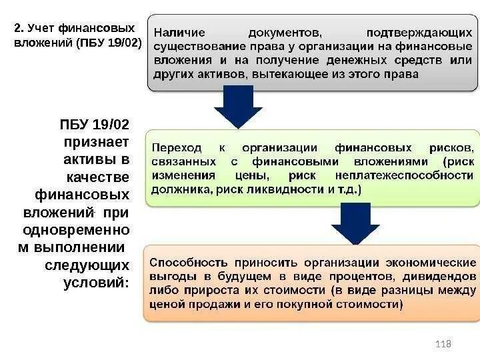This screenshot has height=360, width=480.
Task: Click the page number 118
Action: (443, 343)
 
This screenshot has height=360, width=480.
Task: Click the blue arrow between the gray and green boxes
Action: (238, 107)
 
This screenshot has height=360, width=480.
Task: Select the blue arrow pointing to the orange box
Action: (355, 223)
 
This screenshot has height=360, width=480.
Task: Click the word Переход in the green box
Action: (177, 147)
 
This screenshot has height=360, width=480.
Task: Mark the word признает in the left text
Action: (96, 141)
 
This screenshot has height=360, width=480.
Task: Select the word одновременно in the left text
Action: (76, 230)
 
